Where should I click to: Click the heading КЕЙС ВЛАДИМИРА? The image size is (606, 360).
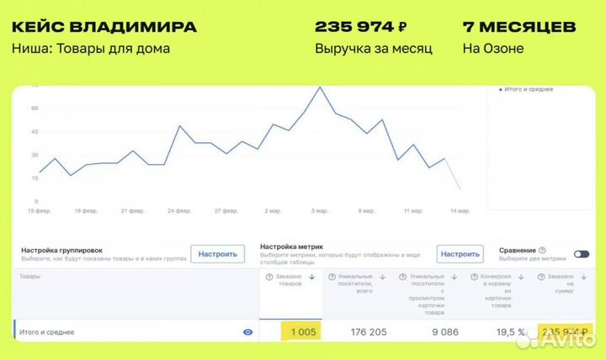(x=104, y=26)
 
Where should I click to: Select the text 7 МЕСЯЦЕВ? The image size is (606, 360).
(x=519, y=26)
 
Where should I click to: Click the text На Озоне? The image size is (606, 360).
(x=493, y=48)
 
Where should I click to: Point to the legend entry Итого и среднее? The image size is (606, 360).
(x=529, y=89)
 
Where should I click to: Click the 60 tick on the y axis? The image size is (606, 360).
(x=35, y=108)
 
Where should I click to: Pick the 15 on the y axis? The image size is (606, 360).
(x=35, y=178)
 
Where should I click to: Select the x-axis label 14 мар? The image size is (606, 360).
(x=460, y=211)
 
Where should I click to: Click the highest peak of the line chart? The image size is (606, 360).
(x=320, y=87)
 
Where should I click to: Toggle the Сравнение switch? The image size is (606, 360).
(x=581, y=254)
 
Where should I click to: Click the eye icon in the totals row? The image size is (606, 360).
(x=247, y=332)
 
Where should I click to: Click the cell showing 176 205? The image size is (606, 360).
(x=368, y=332)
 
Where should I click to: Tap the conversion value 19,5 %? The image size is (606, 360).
(x=510, y=332)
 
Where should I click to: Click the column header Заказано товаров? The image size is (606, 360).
(x=289, y=282)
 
